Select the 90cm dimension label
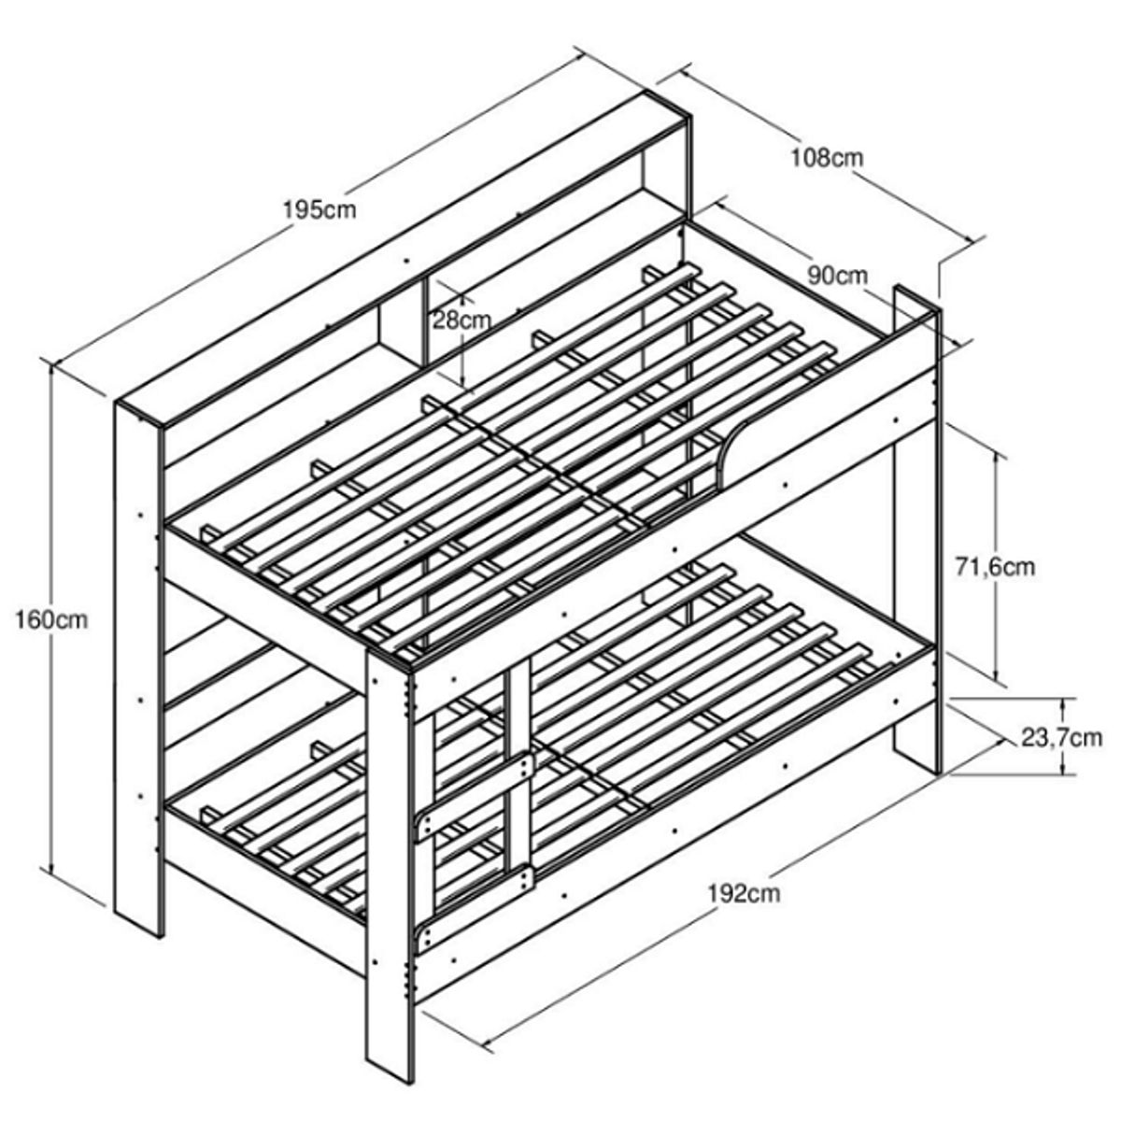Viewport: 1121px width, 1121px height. click(838, 276)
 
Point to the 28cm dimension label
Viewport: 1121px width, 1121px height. click(461, 319)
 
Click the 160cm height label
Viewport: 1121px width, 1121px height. click(52, 619)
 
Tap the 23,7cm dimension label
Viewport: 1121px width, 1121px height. click(1059, 737)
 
